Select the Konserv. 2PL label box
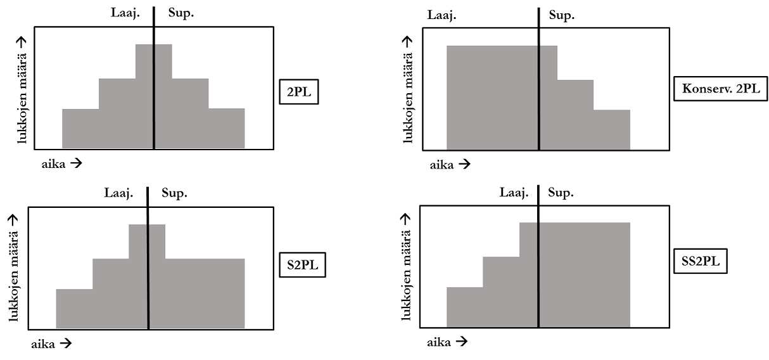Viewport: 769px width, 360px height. point(720,89)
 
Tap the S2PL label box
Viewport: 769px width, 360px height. point(302,266)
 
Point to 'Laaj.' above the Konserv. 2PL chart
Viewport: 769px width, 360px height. point(442,15)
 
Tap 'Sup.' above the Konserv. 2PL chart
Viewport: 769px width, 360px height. point(561,15)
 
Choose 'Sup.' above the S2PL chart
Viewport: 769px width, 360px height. point(174,193)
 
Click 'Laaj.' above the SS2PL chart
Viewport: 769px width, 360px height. point(514,193)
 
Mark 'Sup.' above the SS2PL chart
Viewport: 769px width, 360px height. point(561,193)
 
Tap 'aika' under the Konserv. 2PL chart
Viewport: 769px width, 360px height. point(442,165)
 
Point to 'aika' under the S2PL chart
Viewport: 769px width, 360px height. point(44,344)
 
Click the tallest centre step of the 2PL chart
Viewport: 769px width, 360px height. point(154,95)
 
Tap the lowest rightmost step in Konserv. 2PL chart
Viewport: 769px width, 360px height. point(612,129)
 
